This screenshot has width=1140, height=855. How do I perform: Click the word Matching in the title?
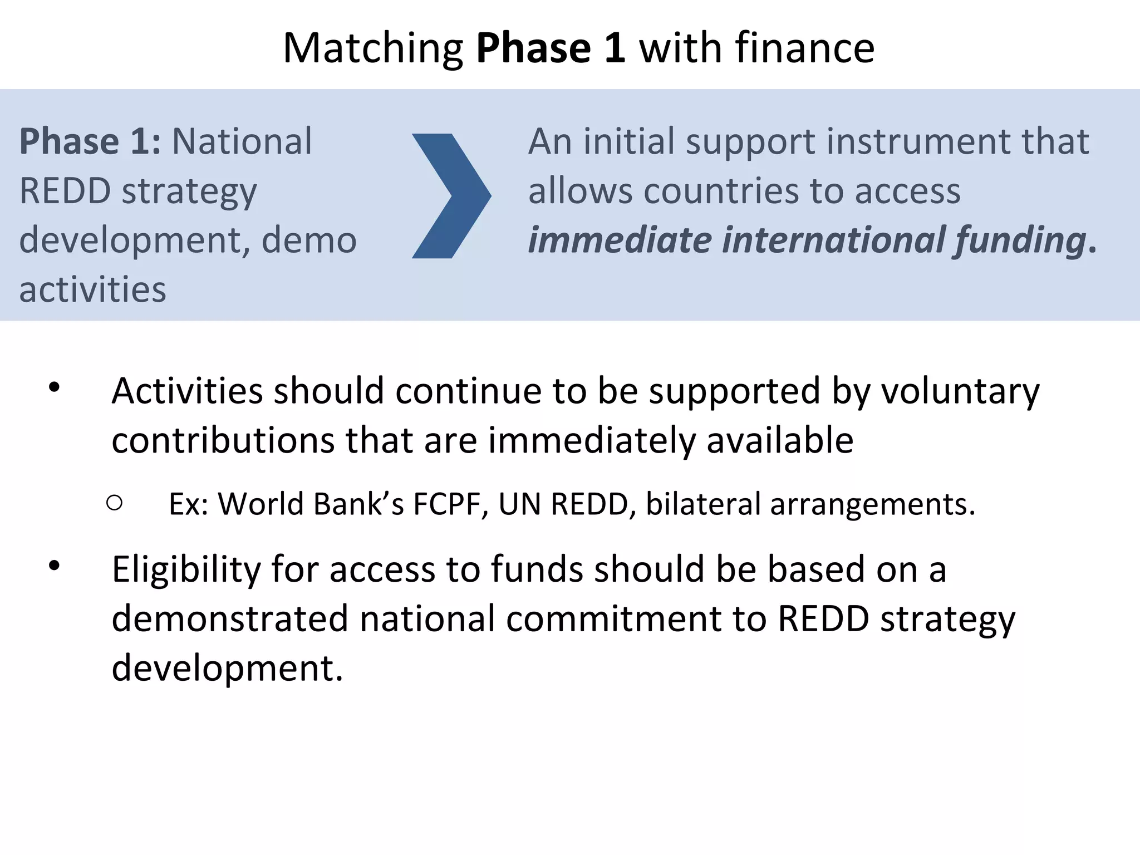(x=373, y=49)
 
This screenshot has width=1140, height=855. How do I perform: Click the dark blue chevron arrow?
(x=451, y=196)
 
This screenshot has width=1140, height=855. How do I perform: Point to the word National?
(x=242, y=141)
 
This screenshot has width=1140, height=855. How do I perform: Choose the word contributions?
(x=223, y=440)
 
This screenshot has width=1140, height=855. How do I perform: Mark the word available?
(x=780, y=440)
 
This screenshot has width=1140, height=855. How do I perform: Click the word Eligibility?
(x=186, y=571)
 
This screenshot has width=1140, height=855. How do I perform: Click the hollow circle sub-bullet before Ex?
(x=114, y=503)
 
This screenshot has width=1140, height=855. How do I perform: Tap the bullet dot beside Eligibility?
(x=54, y=566)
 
